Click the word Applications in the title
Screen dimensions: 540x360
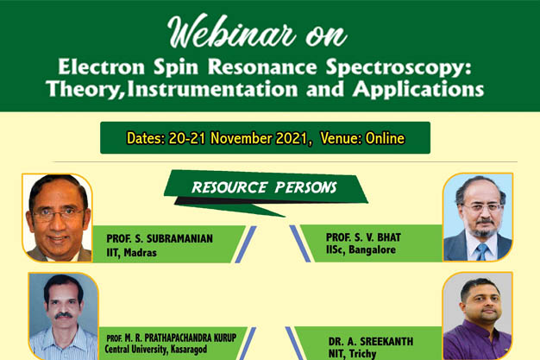point(418,90)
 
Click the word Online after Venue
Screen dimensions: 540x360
point(385,138)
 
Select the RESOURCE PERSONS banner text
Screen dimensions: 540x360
point(264,187)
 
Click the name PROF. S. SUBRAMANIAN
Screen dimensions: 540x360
point(160,238)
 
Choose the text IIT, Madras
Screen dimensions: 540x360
point(131,253)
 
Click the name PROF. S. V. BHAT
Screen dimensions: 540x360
point(363,237)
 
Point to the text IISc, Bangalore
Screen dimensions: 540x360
point(361,249)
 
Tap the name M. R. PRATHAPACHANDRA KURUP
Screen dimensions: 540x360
point(180,338)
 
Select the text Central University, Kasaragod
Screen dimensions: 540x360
point(155,350)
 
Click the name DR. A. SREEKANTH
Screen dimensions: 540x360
point(371,341)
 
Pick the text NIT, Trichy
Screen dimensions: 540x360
point(352,354)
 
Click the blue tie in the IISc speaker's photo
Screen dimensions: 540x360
point(482,252)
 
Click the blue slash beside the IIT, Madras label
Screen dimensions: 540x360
point(246,244)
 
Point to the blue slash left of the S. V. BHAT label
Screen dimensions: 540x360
point(300,243)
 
